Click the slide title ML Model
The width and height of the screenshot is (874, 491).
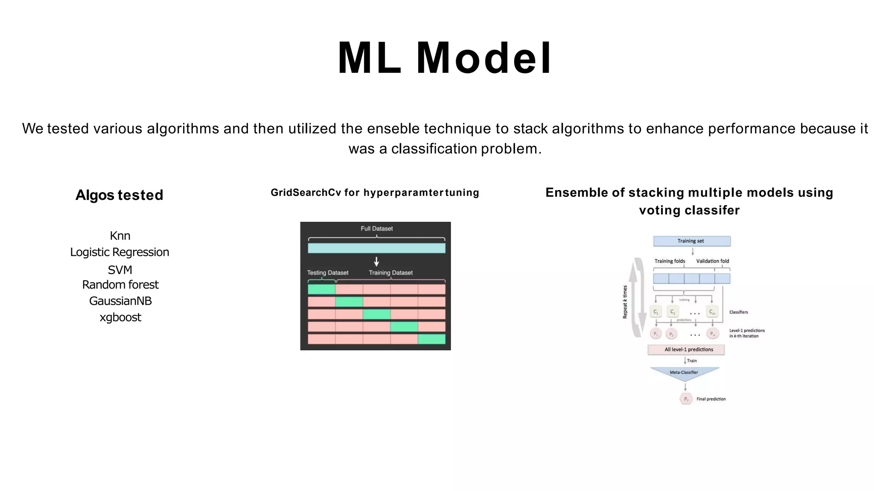click(x=445, y=58)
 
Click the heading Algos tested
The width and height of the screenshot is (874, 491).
click(x=119, y=195)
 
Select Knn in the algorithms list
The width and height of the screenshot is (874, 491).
click(x=120, y=236)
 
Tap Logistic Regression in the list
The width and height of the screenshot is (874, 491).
click(x=119, y=252)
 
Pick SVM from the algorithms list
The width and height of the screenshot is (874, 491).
click(x=120, y=270)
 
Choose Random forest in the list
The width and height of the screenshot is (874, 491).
click(x=120, y=284)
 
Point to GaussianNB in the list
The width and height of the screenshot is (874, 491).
click(x=120, y=301)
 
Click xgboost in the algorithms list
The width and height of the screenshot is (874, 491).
click(x=120, y=317)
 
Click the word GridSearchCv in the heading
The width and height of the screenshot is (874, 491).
click(x=306, y=193)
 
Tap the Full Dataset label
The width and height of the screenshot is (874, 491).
click(x=376, y=228)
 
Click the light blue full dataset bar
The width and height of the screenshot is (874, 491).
click(x=376, y=248)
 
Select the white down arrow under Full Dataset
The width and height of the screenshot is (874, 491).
click(x=376, y=261)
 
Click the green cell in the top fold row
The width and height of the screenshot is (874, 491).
click(x=321, y=289)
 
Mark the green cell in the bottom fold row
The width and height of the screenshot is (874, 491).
click(x=431, y=339)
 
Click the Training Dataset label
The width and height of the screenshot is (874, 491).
click(x=390, y=273)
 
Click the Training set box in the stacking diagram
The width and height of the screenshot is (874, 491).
click(x=692, y=241)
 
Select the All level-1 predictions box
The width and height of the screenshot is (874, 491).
click(x=686, y=349)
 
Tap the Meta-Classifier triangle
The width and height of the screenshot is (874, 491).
click(x=684, y=373)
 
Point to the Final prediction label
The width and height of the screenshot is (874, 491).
click(x=711, y=399)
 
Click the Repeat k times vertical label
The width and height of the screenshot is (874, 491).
click(x=625, y=302)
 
